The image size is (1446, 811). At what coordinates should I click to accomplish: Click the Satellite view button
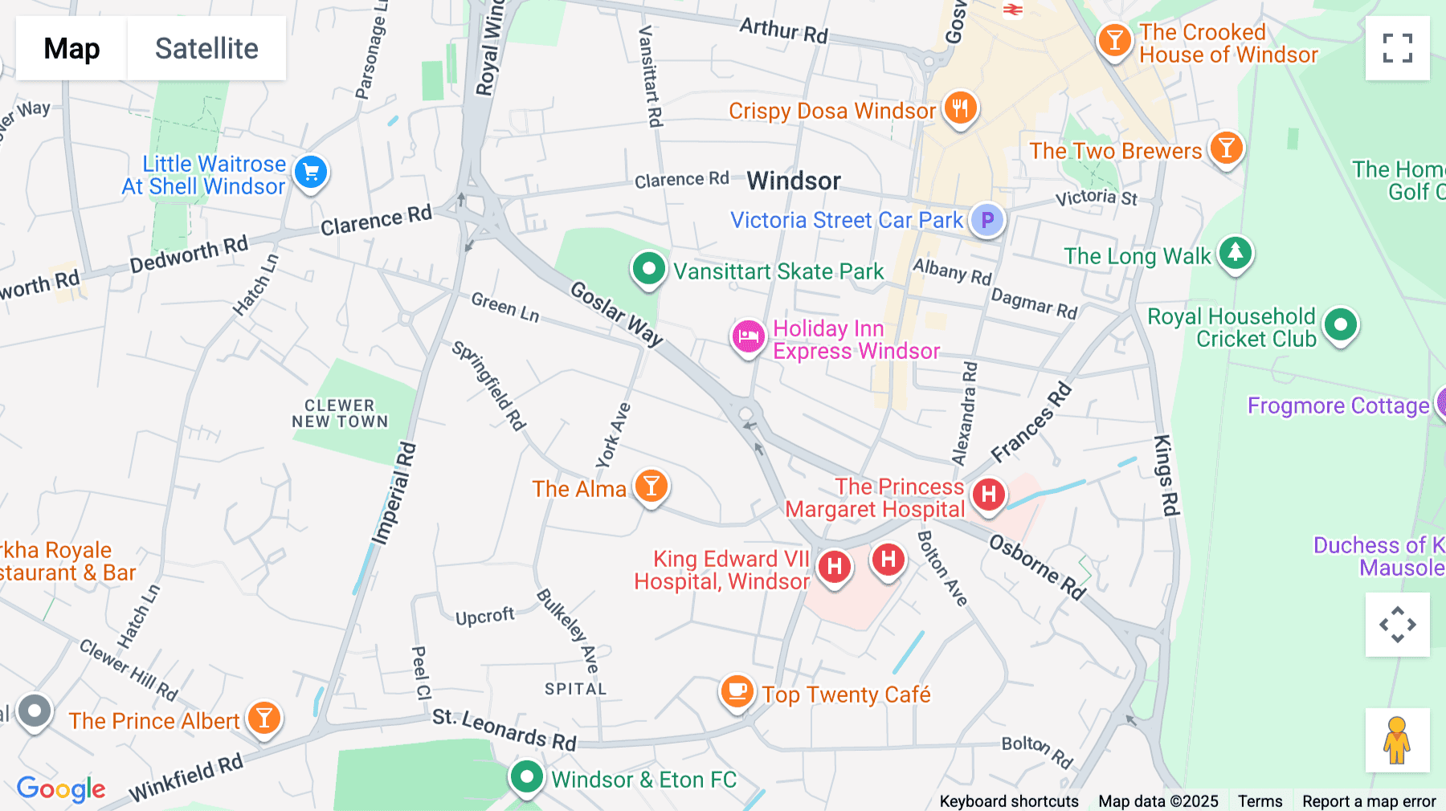(x=206, y=48)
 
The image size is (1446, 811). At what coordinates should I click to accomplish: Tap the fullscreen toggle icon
(x=1397, y=48)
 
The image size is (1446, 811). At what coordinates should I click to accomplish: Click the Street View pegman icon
(x=1397, y=740)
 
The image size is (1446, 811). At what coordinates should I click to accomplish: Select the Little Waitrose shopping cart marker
(x=311, y=172)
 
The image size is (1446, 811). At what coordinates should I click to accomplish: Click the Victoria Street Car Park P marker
(x=987, y=219)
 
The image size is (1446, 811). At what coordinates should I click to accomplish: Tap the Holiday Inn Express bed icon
(x=748, y=336)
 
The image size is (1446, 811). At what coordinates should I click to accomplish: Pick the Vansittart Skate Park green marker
(x=648, y=268)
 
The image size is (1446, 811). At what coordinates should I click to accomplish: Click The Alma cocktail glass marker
(x=652, y=486)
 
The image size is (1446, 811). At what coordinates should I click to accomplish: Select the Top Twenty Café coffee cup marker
(x=737, y=691)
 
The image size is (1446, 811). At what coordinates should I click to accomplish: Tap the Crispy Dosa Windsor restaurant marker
(x=960, y=107)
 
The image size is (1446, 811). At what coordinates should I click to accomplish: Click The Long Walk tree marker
(x=1236, y=253)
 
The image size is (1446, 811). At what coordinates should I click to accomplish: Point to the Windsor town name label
(x=794, y=181)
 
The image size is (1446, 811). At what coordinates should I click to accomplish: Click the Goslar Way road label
(x=617, y=313)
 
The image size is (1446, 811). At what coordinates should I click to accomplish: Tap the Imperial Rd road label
(x=394, y=494)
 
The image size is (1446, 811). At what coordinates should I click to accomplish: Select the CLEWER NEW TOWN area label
(x=340, y=414)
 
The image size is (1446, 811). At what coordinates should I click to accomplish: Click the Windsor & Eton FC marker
(x=527, y=776)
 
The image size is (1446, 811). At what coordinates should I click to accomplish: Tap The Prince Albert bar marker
(x=264, y=718)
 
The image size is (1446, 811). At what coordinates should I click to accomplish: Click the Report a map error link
(x=1369, y=801)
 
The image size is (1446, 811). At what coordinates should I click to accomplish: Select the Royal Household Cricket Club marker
(x=1340, y=325)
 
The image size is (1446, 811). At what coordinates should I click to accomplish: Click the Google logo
(x=61, y=789)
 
